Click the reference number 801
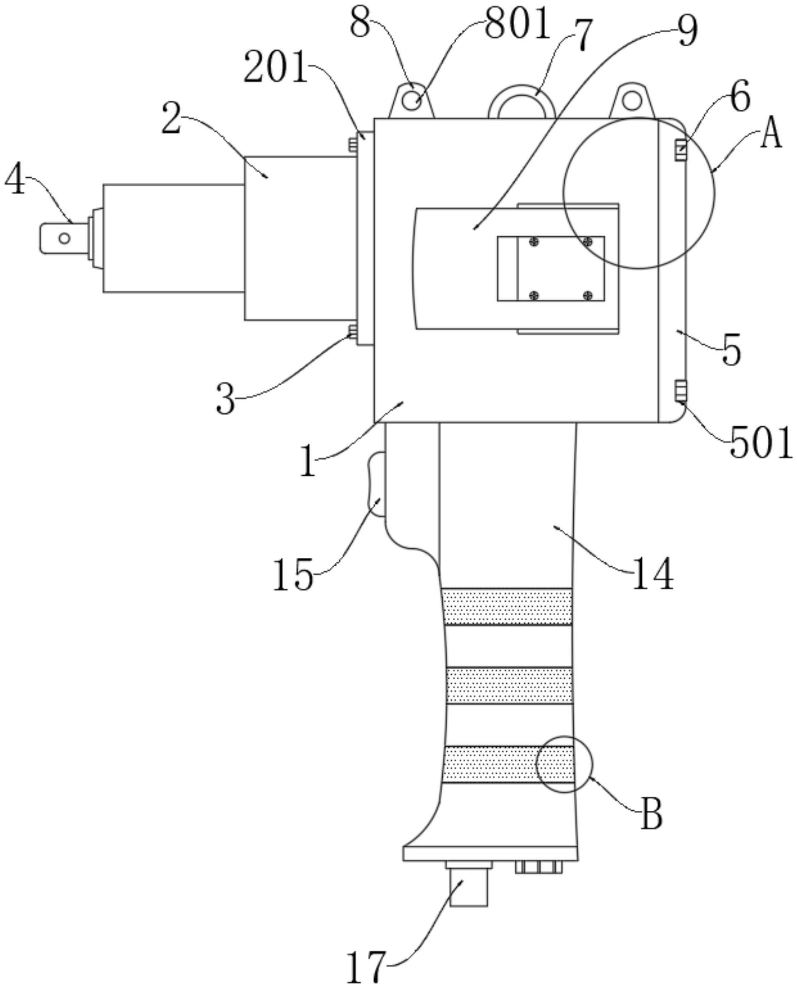pos(518,24)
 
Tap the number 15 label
pos(293,574)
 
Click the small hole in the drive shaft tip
pos(65,238)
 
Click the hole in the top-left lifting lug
pos(412,100)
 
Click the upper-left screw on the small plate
pos(534,241)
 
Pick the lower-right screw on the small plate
pos(587,295)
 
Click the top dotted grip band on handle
pos(507,607)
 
